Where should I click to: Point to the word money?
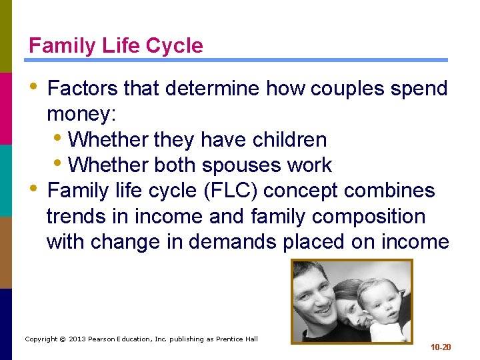[81, 114]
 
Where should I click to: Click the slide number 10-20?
[441, 347]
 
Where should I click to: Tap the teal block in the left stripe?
[6, 180]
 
